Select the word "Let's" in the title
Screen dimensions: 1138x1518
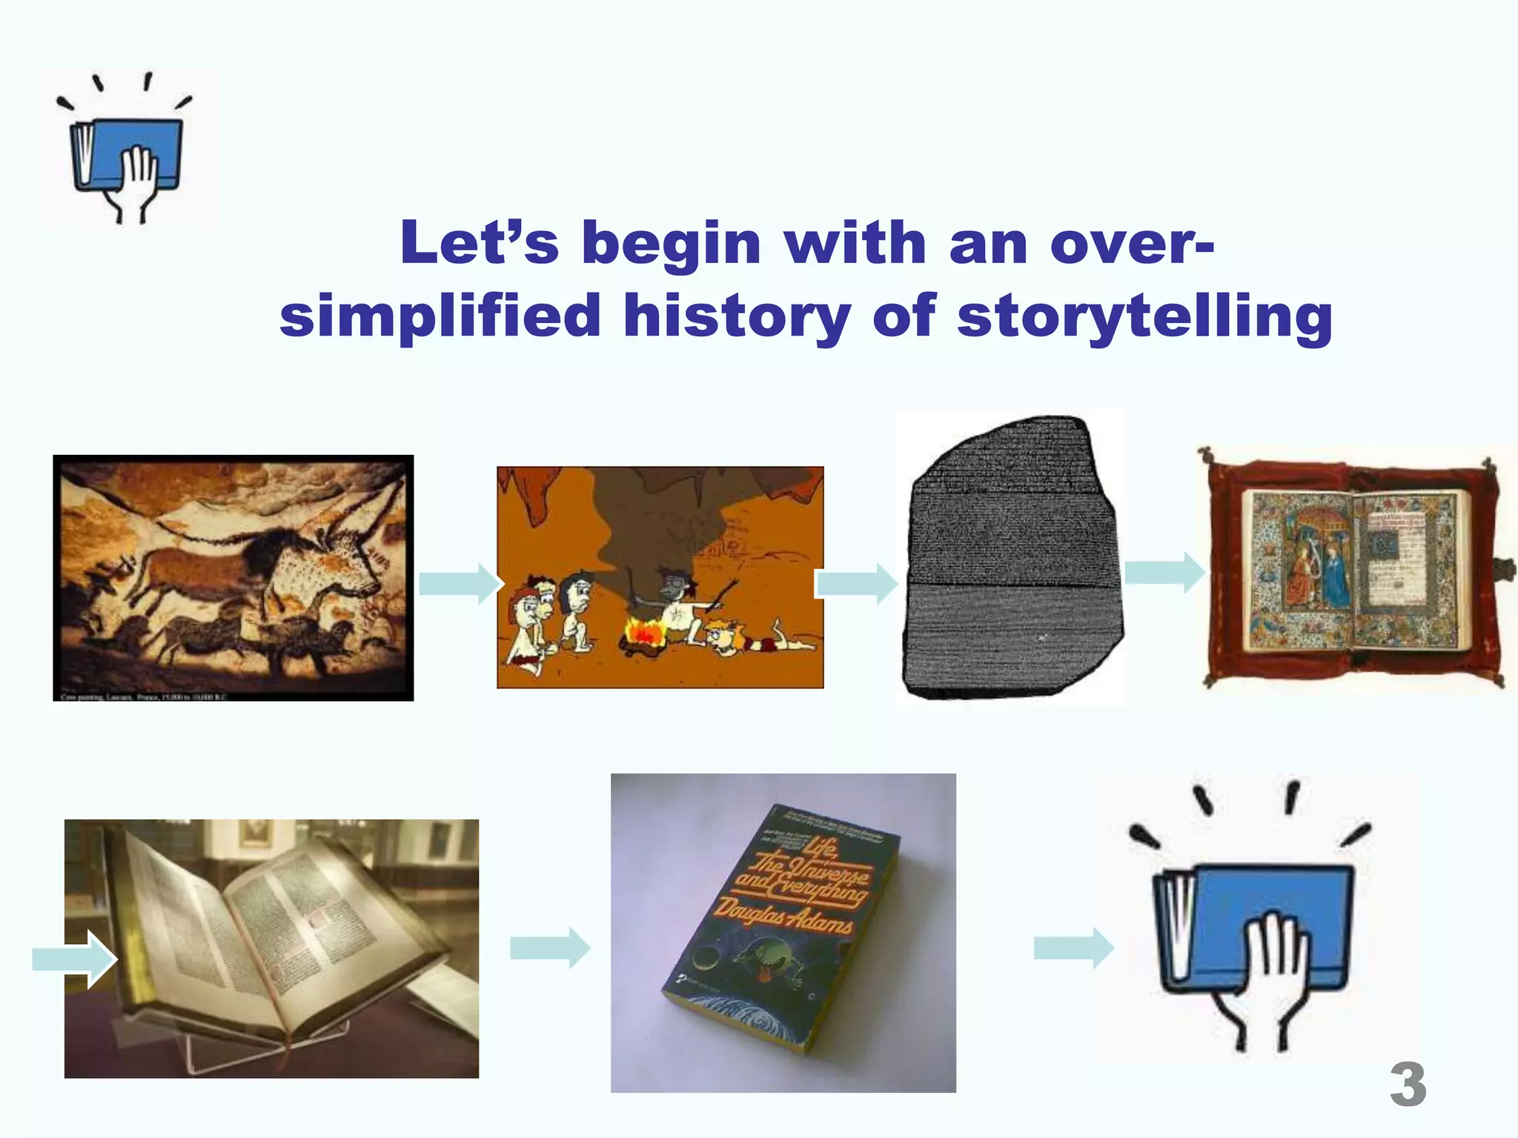click(479, 243)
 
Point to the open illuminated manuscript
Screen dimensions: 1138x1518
click(1356, 570)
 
